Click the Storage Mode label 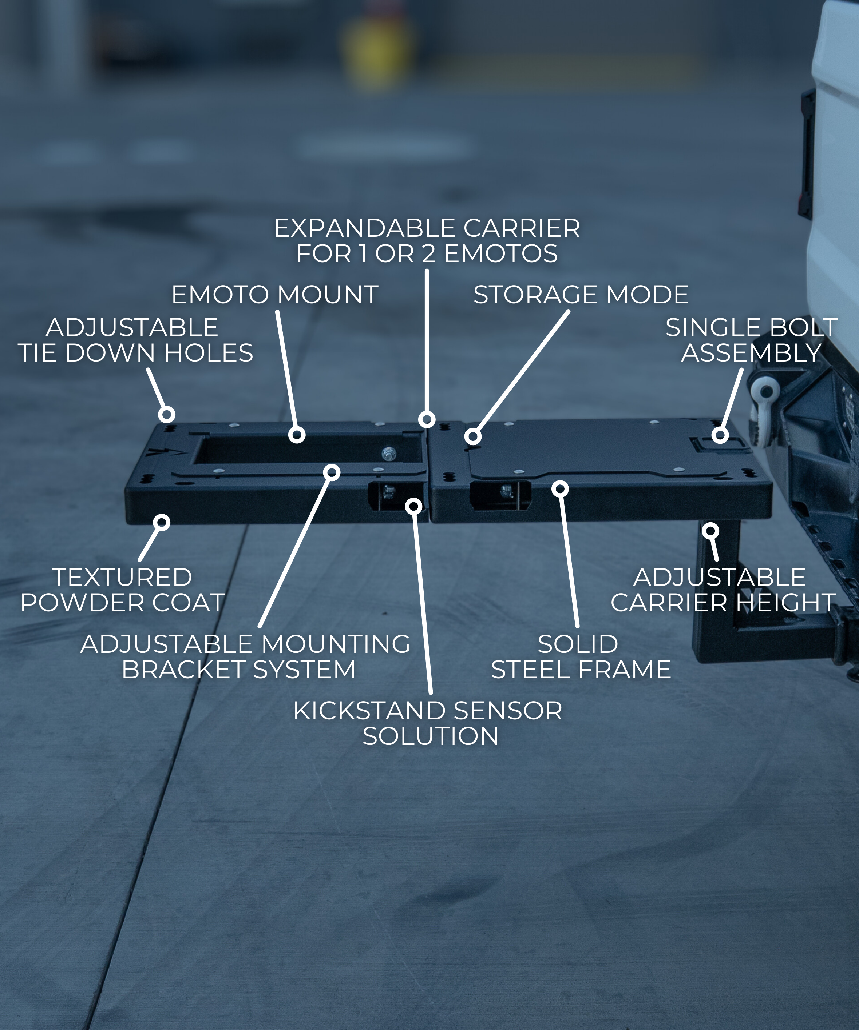tap(581, 295)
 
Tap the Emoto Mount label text tap(274, 295)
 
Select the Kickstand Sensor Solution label tap(428, 723)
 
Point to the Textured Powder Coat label tap(122, 590)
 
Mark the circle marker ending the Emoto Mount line tap(297, 435)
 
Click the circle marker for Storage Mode tap(473, 436)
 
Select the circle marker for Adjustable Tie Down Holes tap(167, 415)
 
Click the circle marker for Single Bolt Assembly tap(720, 435)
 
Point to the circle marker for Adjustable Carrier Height tap(710, 530)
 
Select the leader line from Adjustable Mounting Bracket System tap(294, 549)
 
